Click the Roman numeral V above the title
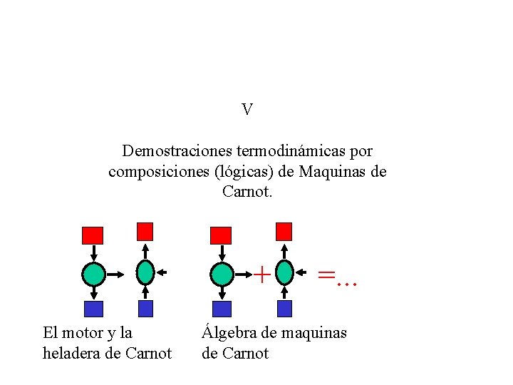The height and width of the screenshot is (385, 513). point(247,110)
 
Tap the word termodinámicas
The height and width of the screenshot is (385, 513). point(271,151)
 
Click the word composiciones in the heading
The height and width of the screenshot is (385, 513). point(153,172)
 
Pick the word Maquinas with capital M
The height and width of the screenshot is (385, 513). point(333,172)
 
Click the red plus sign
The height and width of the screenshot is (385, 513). point(262,273)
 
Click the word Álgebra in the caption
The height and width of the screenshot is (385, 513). point(227,332)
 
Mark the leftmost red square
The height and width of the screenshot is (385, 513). point(93,235)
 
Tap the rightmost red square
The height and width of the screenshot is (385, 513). point(284,231)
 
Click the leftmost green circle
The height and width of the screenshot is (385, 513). point(93,273)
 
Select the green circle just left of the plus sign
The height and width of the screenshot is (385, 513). point(222,273)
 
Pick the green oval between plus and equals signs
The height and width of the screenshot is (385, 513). point(284,272)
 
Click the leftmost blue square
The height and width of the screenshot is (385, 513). point(93,309)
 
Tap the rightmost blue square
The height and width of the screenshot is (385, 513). point(284,309)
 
